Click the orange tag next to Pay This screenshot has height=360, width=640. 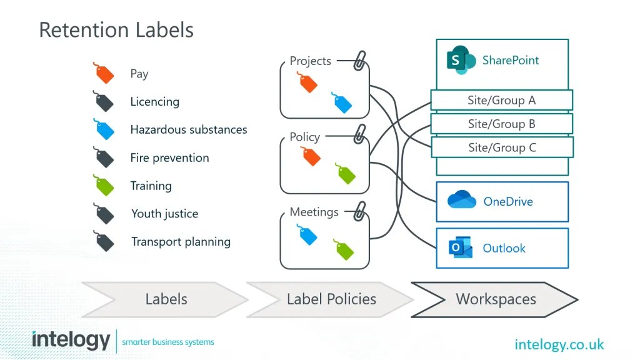[x=104, y=74]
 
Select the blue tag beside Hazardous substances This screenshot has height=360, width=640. [x=104, y=129]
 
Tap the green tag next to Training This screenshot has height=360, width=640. [x=104, y=185]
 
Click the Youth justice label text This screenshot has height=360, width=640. [x=164, y=214]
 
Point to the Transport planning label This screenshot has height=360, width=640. [x=181, y=242]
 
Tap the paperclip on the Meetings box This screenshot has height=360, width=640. [x=359, y=211]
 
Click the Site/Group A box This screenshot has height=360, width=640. [x=501, y=100]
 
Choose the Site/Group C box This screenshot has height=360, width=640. [x=502, y=147]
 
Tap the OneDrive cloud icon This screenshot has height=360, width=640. [x=462, y=201]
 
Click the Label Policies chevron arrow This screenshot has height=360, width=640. [x=331, y=299]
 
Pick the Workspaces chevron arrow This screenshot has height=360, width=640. [x=496, y=299]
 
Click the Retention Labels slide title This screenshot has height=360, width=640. [x=116, y=30]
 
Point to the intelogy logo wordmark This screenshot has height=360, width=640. [x=71, y=341]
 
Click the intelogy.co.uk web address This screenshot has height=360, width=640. [x=559, y=344]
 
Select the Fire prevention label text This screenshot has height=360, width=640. [x=169, y=157]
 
